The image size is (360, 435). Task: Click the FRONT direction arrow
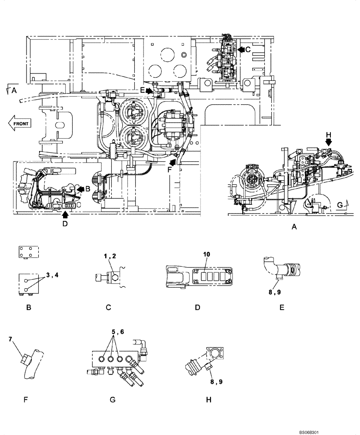pos(19,123)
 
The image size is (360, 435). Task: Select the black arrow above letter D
pos(65,214)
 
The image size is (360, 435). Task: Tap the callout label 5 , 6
pos(117,331)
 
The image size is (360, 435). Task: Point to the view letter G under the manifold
pos(112,399)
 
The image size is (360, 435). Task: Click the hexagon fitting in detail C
pos(113,278)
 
